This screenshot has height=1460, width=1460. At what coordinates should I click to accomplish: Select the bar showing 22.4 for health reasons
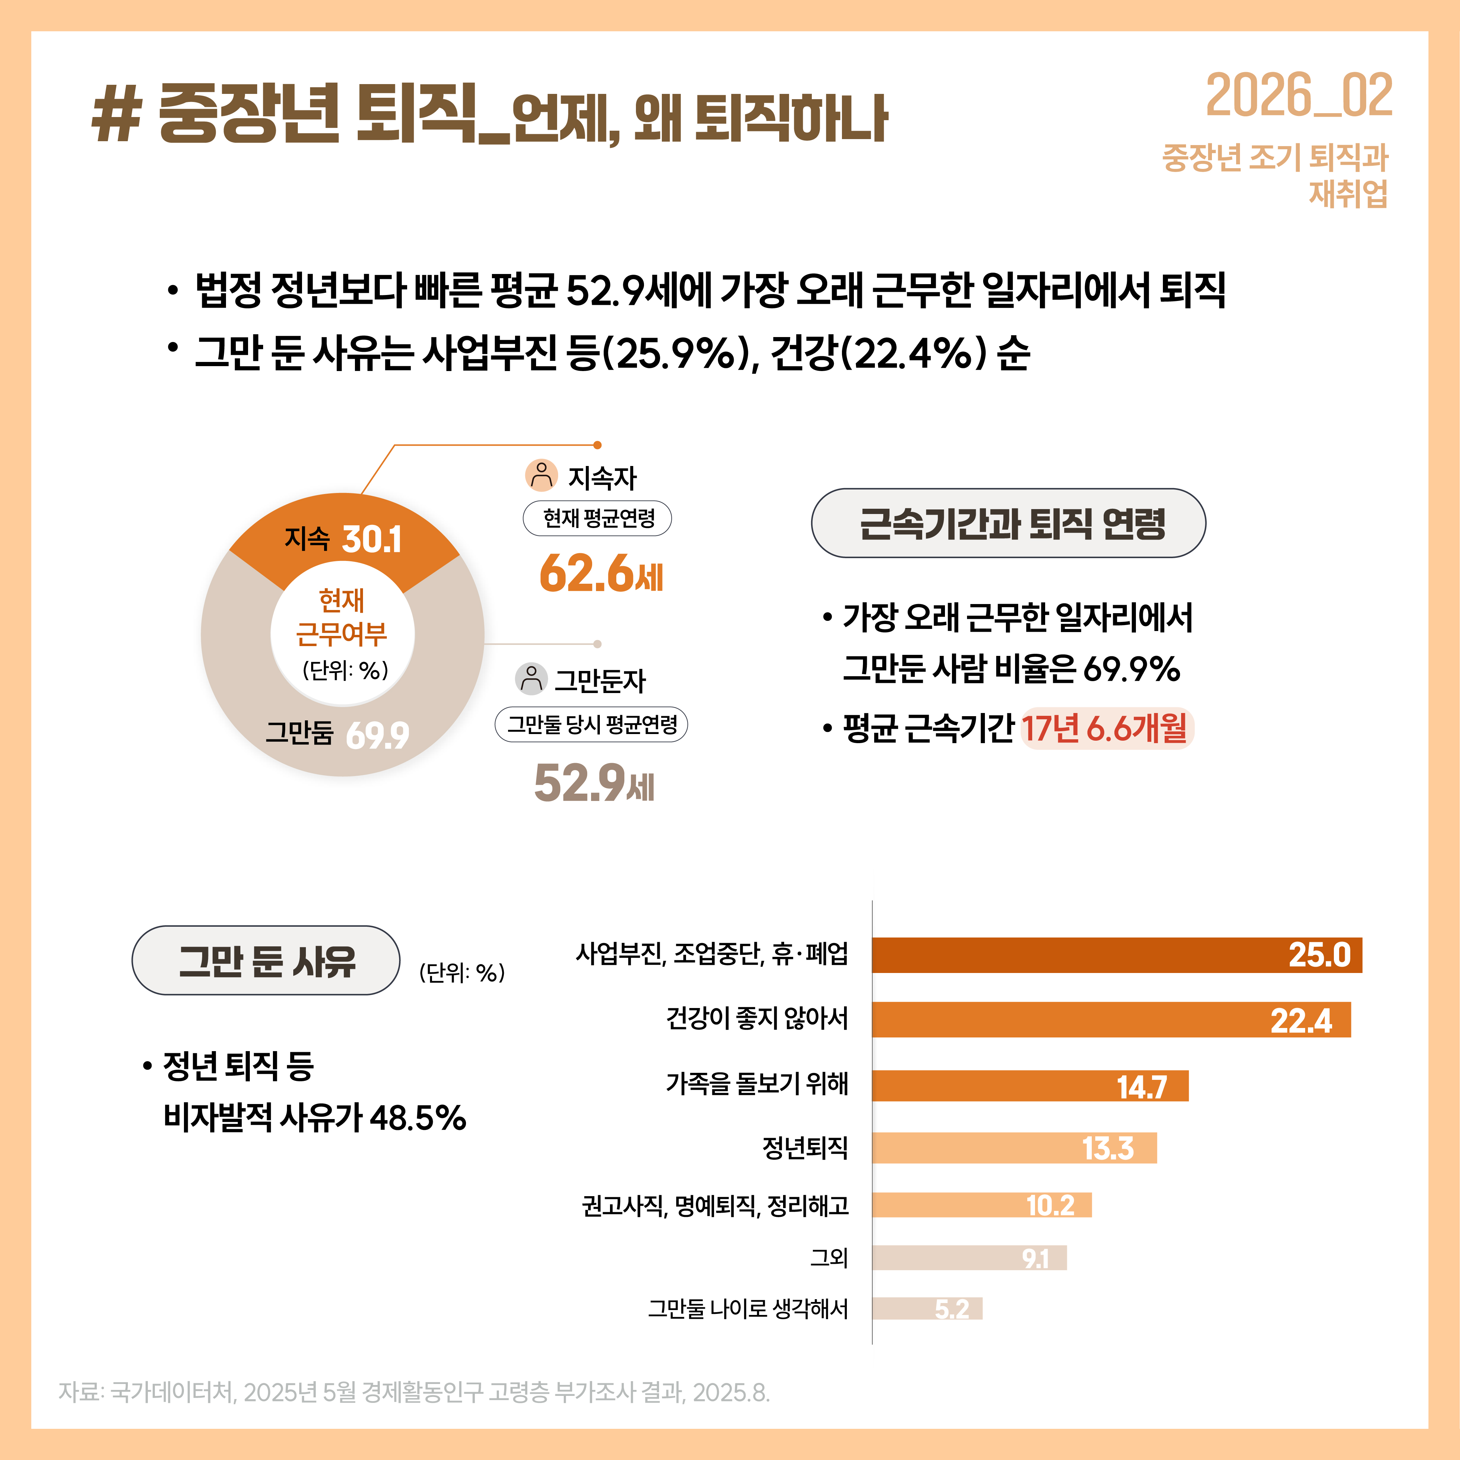pyautogui.click(x=1111, y=1020)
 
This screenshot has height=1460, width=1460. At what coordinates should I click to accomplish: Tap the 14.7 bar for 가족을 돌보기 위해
pyautogui.click(x=1030, y=1086)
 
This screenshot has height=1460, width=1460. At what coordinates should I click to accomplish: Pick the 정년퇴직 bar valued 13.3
pyautogui.click(x=1014, y=1148)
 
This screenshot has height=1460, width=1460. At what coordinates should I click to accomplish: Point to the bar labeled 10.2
pyautogui.click(x=982, y=1205)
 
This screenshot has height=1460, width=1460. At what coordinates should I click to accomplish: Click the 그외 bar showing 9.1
pyautogui.click(x=969, y=1257)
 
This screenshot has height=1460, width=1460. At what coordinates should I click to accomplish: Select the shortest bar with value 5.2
pyautogui.click(x=927, y=1308)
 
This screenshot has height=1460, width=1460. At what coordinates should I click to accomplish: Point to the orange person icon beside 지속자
pyautogui.click(x=541, y=475)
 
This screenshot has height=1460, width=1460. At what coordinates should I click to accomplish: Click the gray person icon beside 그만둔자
pyautogui.click(x=530, y=679)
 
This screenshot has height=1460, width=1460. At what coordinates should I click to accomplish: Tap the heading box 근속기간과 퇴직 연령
pyautogui.click(x=1008, y=523)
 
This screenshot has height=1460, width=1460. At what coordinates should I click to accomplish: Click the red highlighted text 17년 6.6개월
pyautogui.click(x=1105, y=728)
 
